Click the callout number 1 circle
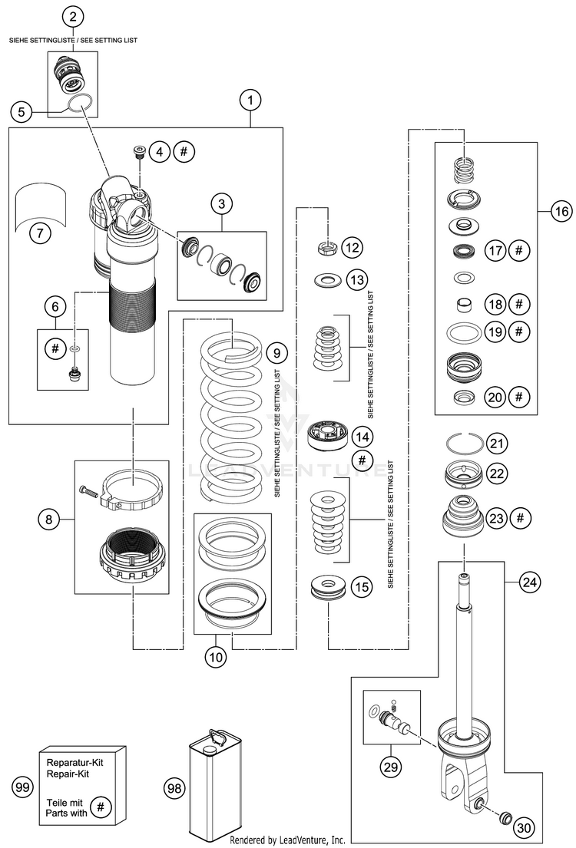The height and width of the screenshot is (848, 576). point(250,100)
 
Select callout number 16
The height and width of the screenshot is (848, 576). point(561,210)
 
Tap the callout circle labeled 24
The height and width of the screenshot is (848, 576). point(530,582)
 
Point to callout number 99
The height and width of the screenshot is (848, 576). point(23,787)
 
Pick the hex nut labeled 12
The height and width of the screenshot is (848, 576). point(328,249)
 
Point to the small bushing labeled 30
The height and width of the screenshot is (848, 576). point(506,817)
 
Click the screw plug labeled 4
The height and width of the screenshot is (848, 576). point(137,150)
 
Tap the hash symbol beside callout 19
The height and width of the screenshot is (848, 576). point(518,331)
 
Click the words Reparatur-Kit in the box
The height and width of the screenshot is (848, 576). point(74,763)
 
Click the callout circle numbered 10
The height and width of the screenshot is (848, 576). point(216,657)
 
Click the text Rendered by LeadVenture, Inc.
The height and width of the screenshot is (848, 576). point(288,840)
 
